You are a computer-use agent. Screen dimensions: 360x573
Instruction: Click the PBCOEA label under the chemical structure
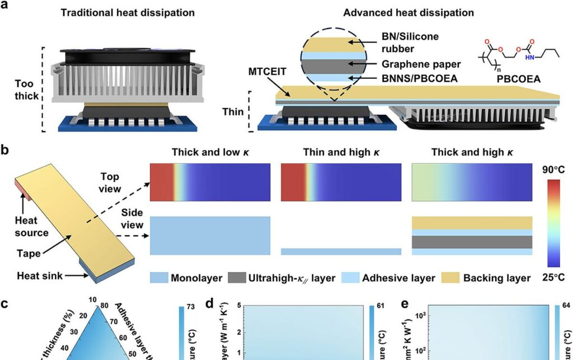click(x=518, y=80)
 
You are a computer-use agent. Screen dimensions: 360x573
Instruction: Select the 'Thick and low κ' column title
click(x=210, y=152)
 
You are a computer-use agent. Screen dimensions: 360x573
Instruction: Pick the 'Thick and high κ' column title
click(x=472, y=152)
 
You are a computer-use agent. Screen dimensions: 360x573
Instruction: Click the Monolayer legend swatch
click(x=158, y=278)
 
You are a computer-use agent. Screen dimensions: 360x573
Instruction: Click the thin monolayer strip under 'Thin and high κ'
click(x=341, y=252)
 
